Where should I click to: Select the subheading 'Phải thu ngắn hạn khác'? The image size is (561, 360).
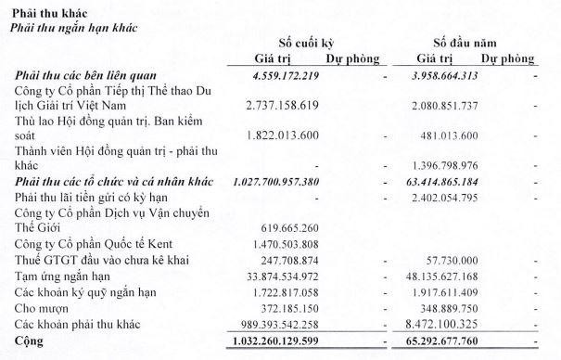click(x=71, y=26)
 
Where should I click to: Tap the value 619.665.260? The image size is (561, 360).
click(x=302, y=230)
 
